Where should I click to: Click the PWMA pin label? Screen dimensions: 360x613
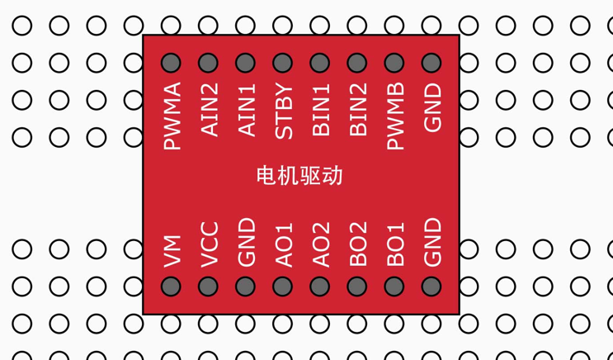tap(172, 116)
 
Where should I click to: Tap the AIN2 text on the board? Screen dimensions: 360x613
tap(209, 110)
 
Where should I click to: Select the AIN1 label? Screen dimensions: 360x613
tap(246, 110)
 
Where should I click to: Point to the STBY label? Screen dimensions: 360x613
tap(283, 111)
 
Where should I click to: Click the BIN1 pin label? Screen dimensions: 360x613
tap(320, 110)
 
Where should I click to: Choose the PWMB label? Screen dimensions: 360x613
tap(394, 116)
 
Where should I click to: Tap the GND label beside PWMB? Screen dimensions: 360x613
tap(431, 108)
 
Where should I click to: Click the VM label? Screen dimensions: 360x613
tap(172, 251)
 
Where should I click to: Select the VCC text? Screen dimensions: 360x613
tap(209, 244)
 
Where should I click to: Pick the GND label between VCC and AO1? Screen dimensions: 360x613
tap(246, 243)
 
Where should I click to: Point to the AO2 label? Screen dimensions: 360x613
tap(320, 244)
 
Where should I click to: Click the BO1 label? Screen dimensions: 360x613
tap(394, 244)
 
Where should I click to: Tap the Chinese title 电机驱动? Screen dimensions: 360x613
tap(299, 175)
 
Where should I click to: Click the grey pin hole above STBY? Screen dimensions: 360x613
tap(283, 63)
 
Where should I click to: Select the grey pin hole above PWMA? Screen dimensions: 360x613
tap(172, 63)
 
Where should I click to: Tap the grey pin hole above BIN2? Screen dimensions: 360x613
tap(357, 63)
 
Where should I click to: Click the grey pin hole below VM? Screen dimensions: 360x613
tap(172, 287)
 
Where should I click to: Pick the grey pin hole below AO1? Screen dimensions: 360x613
tap(283, 287)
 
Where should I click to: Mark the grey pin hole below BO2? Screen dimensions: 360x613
tap(357, 287)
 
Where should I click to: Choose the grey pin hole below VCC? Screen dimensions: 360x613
tap(209, 287)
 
